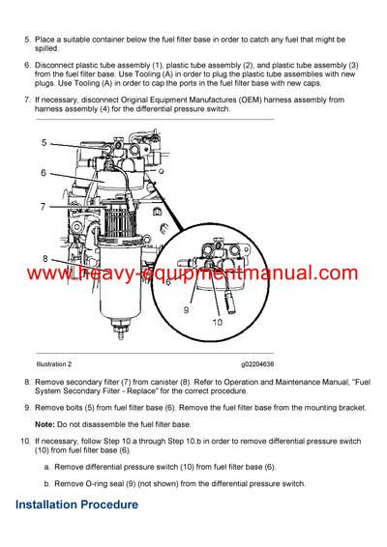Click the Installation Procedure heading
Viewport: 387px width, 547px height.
coord(76,504)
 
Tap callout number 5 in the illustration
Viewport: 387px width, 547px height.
coord(44,143)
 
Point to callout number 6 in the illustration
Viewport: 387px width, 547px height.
coord(44,173)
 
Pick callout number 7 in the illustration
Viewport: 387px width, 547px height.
coord(44,207)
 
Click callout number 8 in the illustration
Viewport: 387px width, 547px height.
coord(44,258)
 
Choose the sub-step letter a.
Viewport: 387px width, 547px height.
coord(46,466)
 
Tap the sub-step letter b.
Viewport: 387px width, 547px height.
coord(46,481)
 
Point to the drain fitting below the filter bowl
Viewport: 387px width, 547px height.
coord(121,334)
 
